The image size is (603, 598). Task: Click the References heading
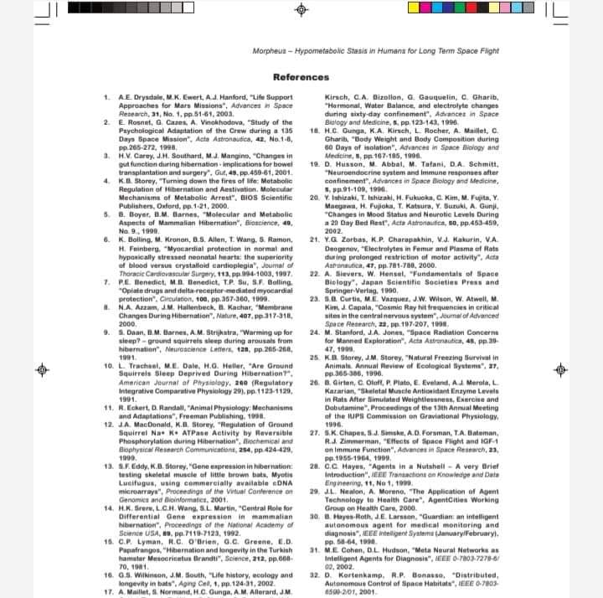pyautogui.click(x=301, y=78)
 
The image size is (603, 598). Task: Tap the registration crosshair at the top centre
pyautogui.click(x=301, y=10)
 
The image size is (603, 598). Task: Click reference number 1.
pyautogui.click(x=107, y=100)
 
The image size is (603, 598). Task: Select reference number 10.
pyautogui.click(x=109, y=368)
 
